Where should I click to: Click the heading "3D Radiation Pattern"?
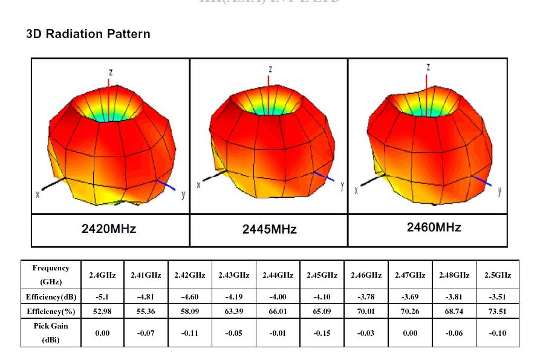[88, 34]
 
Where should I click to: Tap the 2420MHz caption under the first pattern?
[109, 229]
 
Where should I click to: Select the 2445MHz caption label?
[270, 229]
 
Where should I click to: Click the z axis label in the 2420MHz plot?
[110, 72]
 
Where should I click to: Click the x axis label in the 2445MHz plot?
[198, 185]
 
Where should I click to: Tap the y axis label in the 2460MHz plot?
[499, 191]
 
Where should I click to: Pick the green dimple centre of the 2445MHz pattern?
[270, 108]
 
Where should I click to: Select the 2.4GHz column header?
[102, 275]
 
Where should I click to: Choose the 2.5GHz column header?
[498, 275]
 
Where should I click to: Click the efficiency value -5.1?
[102, 297]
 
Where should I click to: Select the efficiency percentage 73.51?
[498, 312]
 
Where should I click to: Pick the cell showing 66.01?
[278, 312]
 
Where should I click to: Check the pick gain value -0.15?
[322, 333]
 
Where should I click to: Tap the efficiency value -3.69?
[410, 297]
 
